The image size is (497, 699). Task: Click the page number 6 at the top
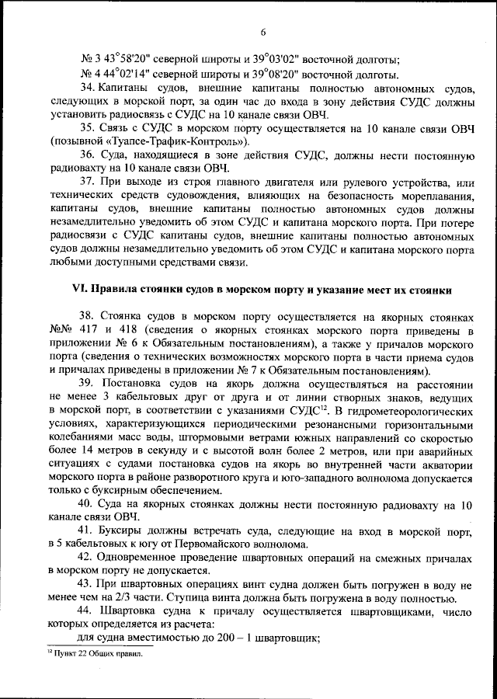(262, 32)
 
